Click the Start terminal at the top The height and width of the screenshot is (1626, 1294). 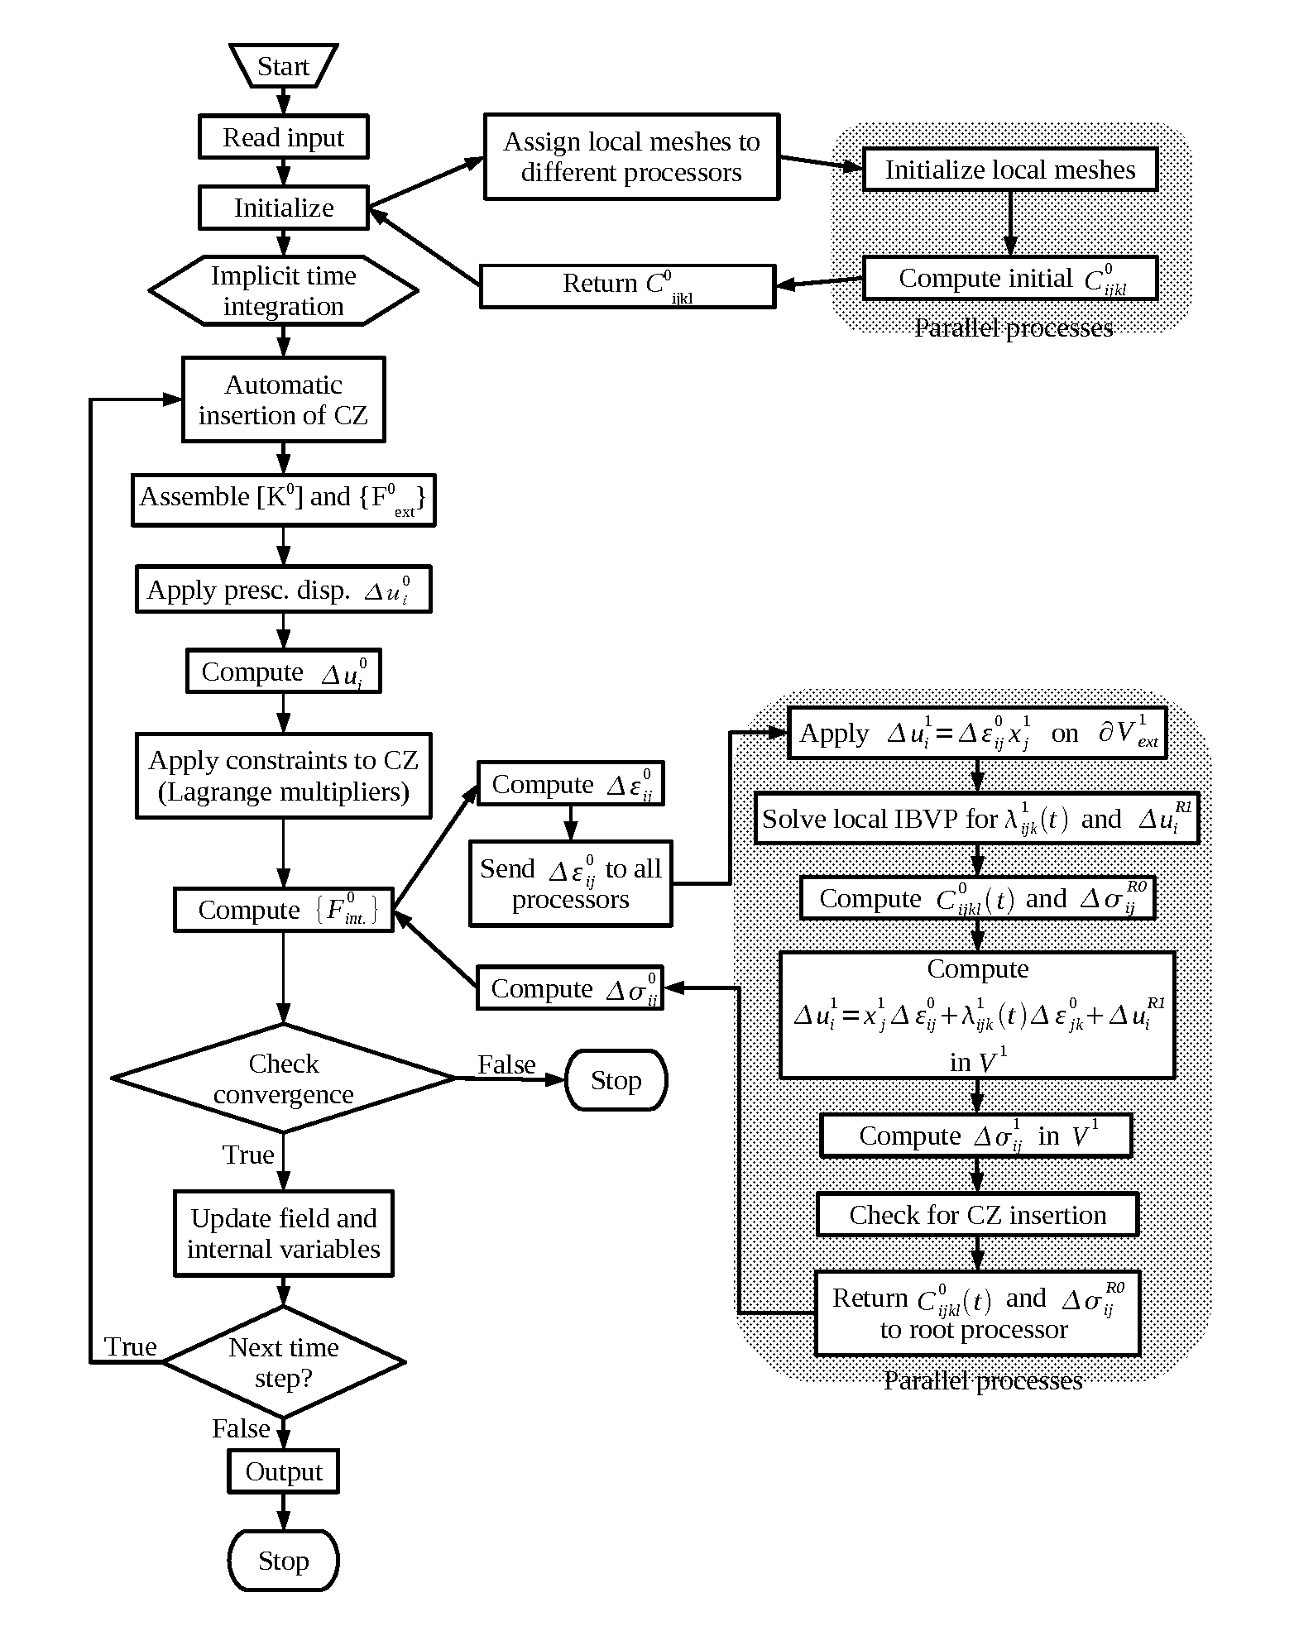[x=283, y=66]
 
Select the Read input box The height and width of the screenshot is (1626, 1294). [x=283, y=136]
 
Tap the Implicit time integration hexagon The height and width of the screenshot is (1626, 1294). [x=283, y=290]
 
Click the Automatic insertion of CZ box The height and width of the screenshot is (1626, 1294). [x=283, y=399]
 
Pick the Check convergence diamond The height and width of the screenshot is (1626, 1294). [x=283, y=1078]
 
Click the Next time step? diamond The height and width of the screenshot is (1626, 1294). [x=283, y=1362]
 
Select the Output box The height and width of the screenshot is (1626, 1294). [x=283, y=1471]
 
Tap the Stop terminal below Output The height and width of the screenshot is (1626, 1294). [x=283, y=1561]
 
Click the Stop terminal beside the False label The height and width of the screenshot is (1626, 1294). [x=616, y=1079]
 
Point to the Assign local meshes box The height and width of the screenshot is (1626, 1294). [x=631, y=157]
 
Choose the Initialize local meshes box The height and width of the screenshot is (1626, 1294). [x=1009, y=170]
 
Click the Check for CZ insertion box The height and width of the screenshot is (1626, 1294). [x=977, y=1214]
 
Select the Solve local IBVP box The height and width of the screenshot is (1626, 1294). [x=976, y=819]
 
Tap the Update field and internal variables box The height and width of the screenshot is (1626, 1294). [x=283, y=1233]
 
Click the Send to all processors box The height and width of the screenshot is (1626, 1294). [x=570, y=883]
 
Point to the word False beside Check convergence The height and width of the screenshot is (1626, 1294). [x=506, y=1064]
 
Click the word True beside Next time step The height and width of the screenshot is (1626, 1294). [x=131, y=1347]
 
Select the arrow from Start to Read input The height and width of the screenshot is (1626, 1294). [x=283, y=101]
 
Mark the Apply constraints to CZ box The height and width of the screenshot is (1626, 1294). [x=283, y=776]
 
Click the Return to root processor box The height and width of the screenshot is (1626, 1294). [x=977, y=1313]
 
